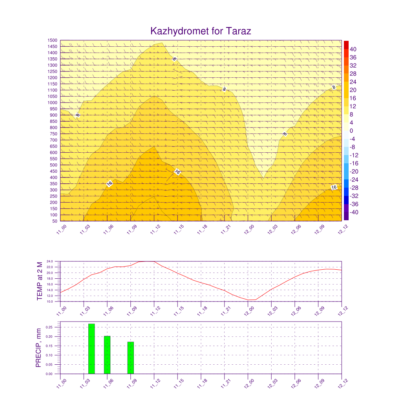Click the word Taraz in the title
point(238,31)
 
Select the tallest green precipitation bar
point(91,349)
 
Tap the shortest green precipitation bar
point(130,358)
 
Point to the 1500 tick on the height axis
point(52,40)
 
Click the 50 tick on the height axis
point(55,221)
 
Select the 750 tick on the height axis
point(53,134)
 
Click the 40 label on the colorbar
point(353,49)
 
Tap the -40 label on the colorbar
point(354,212)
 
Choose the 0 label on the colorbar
point(351,131)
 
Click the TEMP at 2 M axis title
point(40,281)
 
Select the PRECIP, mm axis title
point(38,348)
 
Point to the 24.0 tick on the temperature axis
point(50,261)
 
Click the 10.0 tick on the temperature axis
point(50,301)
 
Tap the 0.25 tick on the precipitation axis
point(49,327)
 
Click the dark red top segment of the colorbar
point(346,45)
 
